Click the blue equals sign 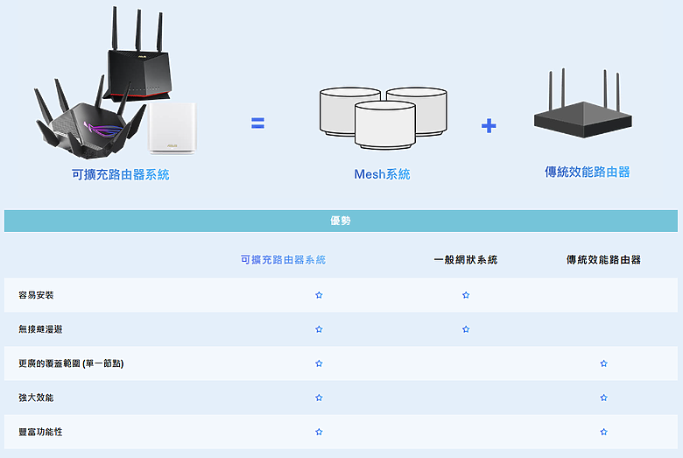[257, 123]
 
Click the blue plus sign [489, 125]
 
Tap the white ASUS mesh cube [173, 129]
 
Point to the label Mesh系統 [382, 174]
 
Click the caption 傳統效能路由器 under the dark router [588, 172]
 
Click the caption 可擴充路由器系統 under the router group [120, 175]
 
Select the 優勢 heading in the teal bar [341, 221]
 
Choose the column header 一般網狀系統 [466, 260]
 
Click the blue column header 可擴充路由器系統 [283, 260]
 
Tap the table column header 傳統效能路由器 [603, 260]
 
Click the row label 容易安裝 [36, 295]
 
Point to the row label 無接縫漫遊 [40, 329]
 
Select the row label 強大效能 [36, 398]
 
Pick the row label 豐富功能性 [40, 432]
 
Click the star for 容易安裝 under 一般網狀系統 [466, 295]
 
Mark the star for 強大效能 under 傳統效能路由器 [603, 398]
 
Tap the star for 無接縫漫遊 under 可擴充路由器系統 [319, 329]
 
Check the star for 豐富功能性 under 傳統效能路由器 [603, 432]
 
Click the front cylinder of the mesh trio [385, 125]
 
